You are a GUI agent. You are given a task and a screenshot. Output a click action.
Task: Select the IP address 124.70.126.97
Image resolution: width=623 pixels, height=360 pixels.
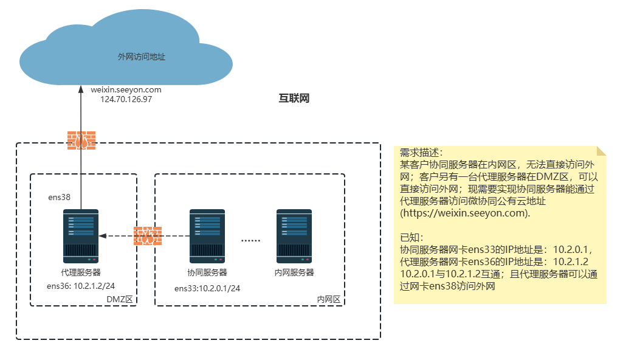[126, 99]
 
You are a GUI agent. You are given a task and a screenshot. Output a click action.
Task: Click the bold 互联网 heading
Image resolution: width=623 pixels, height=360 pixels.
[294, 98]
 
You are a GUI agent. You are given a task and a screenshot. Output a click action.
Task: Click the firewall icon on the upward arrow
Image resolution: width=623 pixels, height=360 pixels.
[81, 140]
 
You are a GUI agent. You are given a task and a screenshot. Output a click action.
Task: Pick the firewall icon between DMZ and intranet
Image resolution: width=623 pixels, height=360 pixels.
[148, 235]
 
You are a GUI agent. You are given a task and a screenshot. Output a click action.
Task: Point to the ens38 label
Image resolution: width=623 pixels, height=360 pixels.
[59, 197]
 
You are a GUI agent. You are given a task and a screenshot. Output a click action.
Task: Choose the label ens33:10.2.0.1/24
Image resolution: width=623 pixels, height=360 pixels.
[207, 288]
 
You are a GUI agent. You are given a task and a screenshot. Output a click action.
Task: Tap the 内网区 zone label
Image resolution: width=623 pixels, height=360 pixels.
[329, 299]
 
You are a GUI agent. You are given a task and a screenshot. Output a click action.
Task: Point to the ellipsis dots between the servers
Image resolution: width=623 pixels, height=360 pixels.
[250, 241]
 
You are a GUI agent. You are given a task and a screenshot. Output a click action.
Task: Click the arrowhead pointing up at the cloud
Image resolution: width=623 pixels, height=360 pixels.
[81, 89]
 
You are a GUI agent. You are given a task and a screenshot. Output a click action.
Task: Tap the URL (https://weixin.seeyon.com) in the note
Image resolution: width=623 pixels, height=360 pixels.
[465, 213]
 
